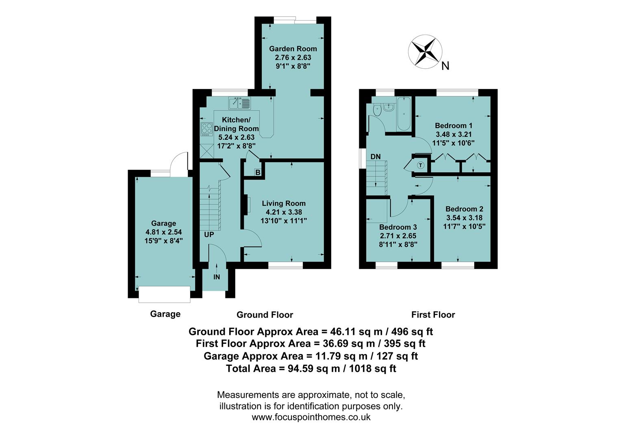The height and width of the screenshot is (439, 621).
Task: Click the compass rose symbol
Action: (x=425, y=51)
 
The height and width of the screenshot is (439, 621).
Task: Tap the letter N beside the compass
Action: (x=445, y=66)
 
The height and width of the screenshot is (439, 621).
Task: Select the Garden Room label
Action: (x=293, y=49)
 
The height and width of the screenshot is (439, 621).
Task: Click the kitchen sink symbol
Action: (x=240, y=103)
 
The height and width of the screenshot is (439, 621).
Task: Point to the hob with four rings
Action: (x=207, y=129)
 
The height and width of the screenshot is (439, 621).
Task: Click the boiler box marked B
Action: (x=258, y=172)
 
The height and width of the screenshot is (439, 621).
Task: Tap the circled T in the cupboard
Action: (x=421, y=165)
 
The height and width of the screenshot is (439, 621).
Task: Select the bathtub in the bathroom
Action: (x=404, y=114)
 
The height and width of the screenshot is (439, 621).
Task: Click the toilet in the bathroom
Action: (x=377, y=109)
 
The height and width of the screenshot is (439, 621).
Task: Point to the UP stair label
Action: (x=209, y=235)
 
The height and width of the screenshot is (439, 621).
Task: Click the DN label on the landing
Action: (x=375, y=156)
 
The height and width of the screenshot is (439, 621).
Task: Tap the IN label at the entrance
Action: (x=217, y=277)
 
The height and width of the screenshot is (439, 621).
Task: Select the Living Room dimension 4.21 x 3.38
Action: (x=284, y=212)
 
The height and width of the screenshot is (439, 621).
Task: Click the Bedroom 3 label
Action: (x=398, y=227)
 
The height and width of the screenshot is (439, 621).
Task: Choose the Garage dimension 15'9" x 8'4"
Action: (x=163, y=241)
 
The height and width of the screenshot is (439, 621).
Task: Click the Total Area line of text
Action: (x=311, y=369)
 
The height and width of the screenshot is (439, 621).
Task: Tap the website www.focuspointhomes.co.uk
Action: (x=311, y=417)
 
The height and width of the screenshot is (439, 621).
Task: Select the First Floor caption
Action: (x=433, y=315)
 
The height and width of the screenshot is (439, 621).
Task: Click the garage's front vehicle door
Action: (x=164, y=294)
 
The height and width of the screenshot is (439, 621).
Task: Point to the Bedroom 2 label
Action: (x=464, y=209)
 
